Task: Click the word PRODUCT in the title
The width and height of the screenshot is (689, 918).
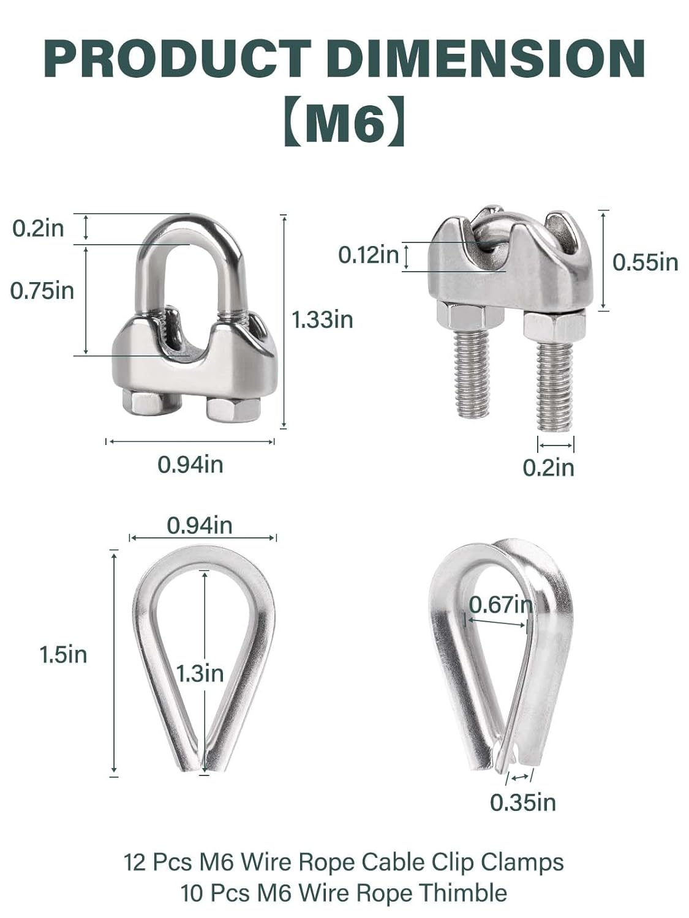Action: (x=177, y=59)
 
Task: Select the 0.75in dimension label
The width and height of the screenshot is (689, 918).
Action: (x=42, y=291)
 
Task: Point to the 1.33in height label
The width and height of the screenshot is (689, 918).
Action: (x=322, y=319)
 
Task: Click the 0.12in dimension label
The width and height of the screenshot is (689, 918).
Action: (x=369, y=255)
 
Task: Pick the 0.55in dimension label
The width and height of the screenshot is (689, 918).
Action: (x=646, y=262)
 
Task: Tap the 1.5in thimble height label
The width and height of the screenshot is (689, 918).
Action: (x=63, y=655)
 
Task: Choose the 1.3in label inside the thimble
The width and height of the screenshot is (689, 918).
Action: (x=200, y=673)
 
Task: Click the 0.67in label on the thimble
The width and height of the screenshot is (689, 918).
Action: (x=500, y=605)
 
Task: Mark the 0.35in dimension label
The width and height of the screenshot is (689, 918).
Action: (x=522, y=802)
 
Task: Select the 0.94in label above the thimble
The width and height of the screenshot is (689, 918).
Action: (x=200, y=525)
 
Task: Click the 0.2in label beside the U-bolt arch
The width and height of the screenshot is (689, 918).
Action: (x=38, y=228)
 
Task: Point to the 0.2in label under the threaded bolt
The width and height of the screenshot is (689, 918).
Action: (x=548, y=468)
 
